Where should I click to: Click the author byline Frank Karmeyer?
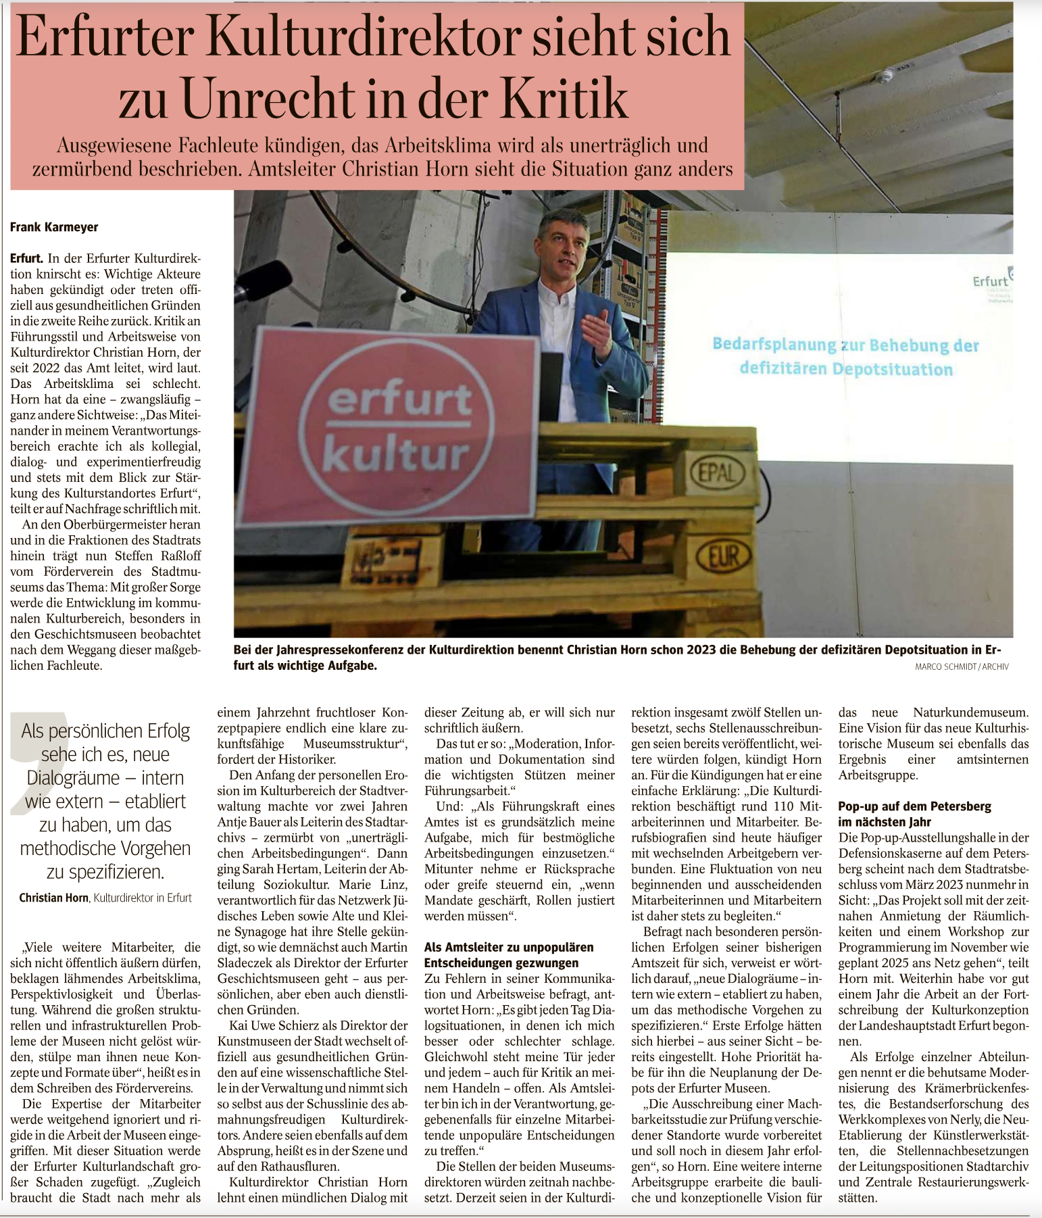[x=54, y=227]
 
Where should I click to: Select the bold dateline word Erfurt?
[x=26, y=258]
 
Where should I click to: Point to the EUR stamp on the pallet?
[x=720, y=557]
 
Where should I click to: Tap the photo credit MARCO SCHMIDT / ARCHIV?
[x=962, y=666]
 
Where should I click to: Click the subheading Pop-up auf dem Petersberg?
[x=914, y=806]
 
